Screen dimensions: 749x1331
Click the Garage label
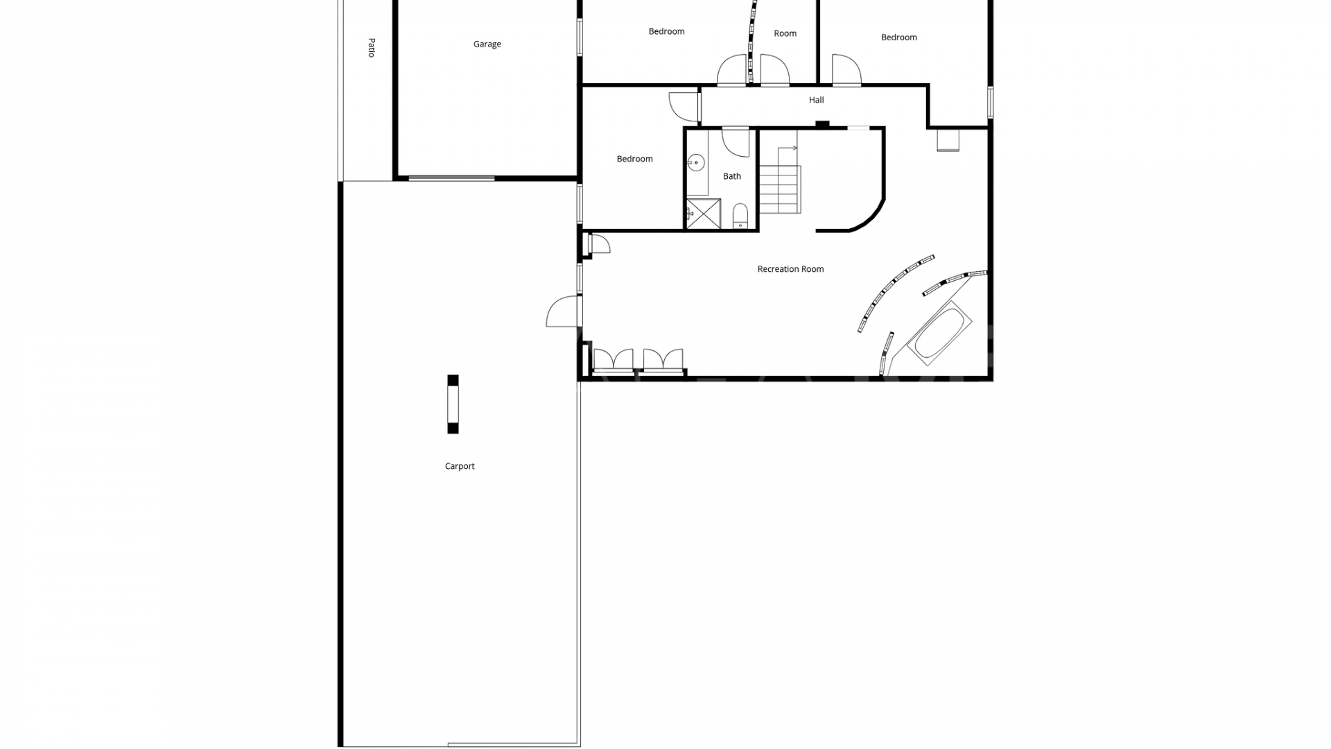[487, 44]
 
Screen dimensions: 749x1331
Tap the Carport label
[460, 466]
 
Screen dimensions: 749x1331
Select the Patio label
[372, 48]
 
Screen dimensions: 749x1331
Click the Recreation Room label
[790, 269]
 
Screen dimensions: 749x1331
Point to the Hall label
[816, 100]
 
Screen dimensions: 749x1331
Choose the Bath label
[732, 176]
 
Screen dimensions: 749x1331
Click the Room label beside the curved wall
[785, 33]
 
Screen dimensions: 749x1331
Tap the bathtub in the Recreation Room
[939, 333]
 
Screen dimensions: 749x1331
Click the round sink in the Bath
[696, 164]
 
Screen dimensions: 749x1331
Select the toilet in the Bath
[740, 215]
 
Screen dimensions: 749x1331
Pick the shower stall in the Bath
[703, 214]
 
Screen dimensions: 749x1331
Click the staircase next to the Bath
[780, 189]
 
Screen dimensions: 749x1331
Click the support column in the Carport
[453, 404]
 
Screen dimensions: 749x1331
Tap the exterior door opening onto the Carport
[564, 311]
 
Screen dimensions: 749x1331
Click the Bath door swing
[736, 142]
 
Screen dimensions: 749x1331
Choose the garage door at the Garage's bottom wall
[451, 178]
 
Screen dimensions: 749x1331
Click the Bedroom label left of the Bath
[634, 159]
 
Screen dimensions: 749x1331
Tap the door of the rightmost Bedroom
[846, 71]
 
